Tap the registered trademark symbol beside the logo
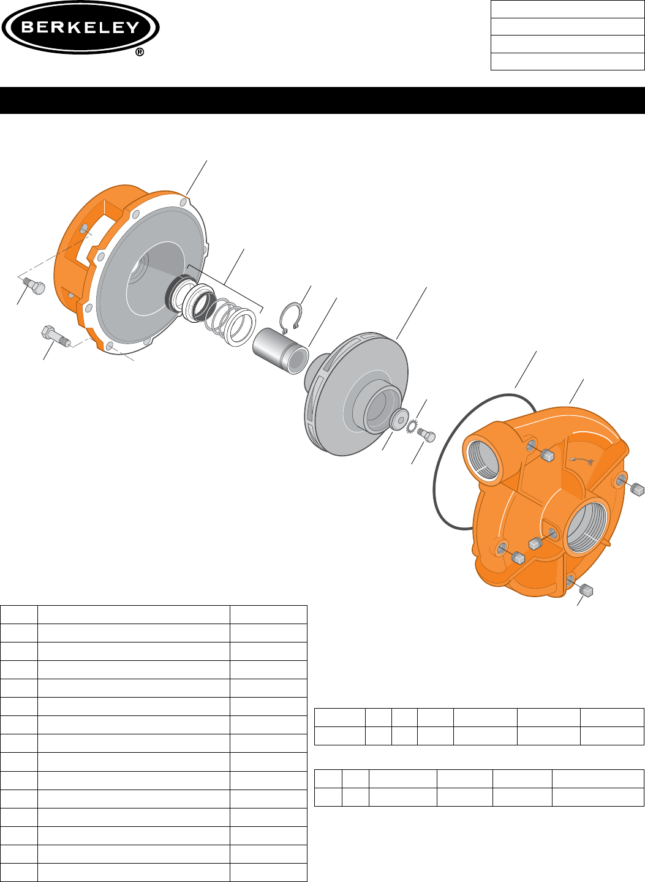tap(140, 53)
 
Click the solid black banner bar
tap(322, 100)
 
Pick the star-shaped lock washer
tap(411, 424)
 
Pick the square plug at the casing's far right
tap(638, 489)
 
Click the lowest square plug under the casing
tap(586, 590)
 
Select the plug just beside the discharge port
tap(548, 455)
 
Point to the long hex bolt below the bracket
tap(55, 336)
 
